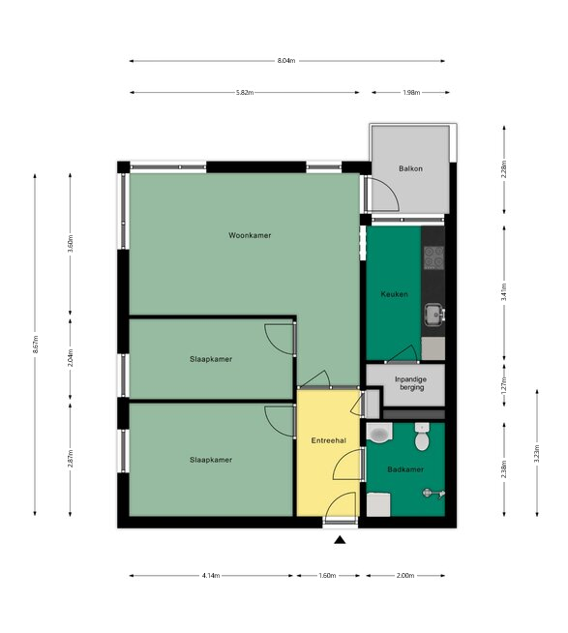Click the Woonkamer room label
click(x=250, y=235)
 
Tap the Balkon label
click(x=410, y=168)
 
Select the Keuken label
click(x=394, y=294)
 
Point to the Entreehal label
click(x=329, y=440)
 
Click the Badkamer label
click(x=405, y=469)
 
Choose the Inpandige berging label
click(x=410, y=383)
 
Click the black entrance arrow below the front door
click(x=340, y=540)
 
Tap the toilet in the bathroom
click(x=422, y=437)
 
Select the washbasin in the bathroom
click(x=379, y=434)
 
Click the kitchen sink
click(x=433, y=314)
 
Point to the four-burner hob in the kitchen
click(x=433, y=257)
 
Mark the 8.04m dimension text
click(x=286, y=61)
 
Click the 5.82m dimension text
click(x=245, y=93)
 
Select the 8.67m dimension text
click(x=35, y=345)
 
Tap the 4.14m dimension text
click(x=211, y=575)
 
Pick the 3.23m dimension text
click(x=537, y=454)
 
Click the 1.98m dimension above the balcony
click(x=411, y=93)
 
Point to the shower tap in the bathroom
click(x=433, y=494)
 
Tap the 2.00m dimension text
click(x=405, y=575)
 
